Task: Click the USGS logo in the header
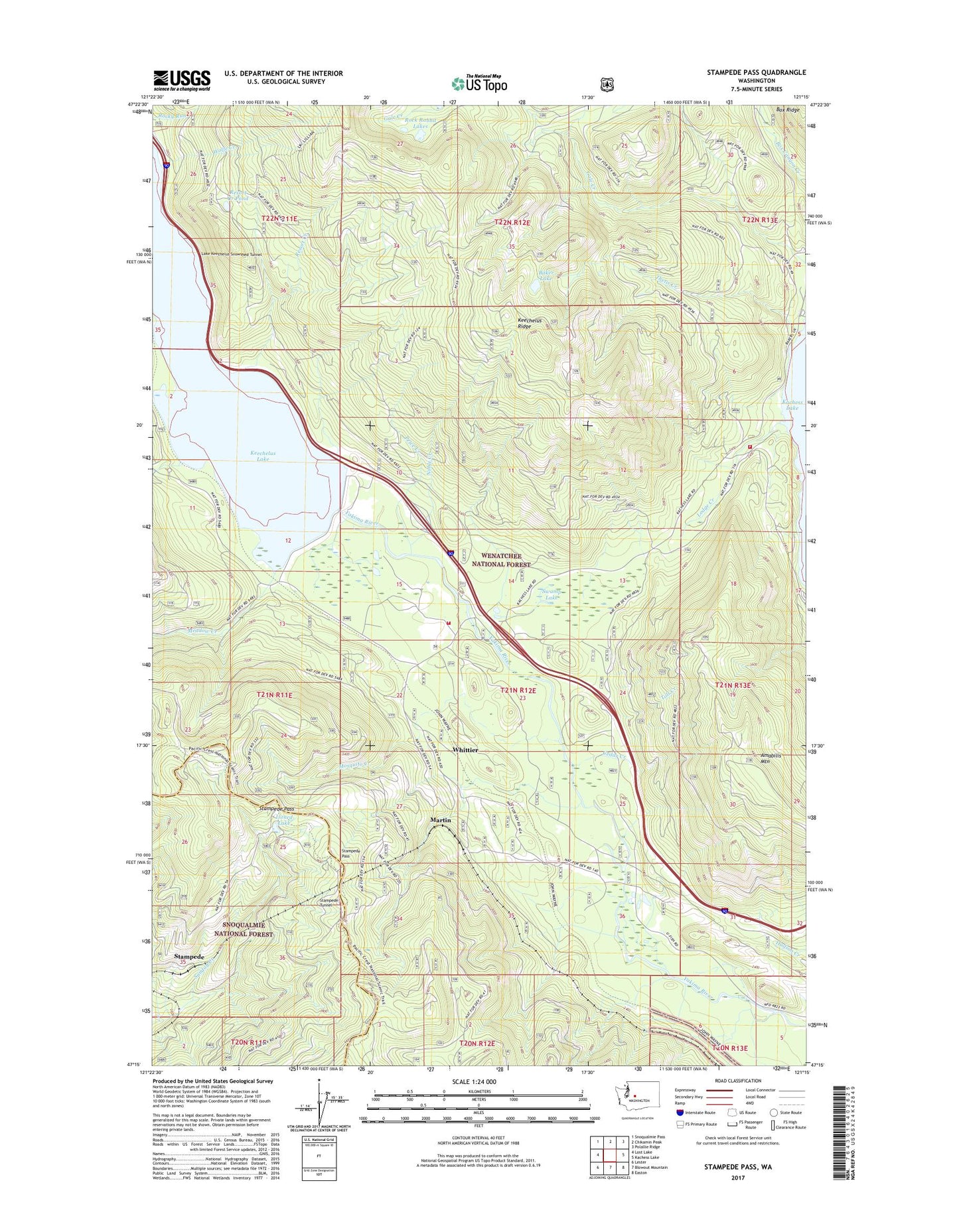coord(182,80)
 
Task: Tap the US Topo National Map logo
coord(479,84)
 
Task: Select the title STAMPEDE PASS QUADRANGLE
coord(747,72)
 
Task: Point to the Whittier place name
coord(465,750)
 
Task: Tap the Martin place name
coord(440,820)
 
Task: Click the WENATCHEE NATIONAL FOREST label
coord(501,560)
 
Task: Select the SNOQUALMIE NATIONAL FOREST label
coord(244,929)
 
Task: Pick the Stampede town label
coord(189,957)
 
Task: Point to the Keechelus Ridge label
coord(530,323)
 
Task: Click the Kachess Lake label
coord(792,405)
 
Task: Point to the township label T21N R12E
coord(518,690)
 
